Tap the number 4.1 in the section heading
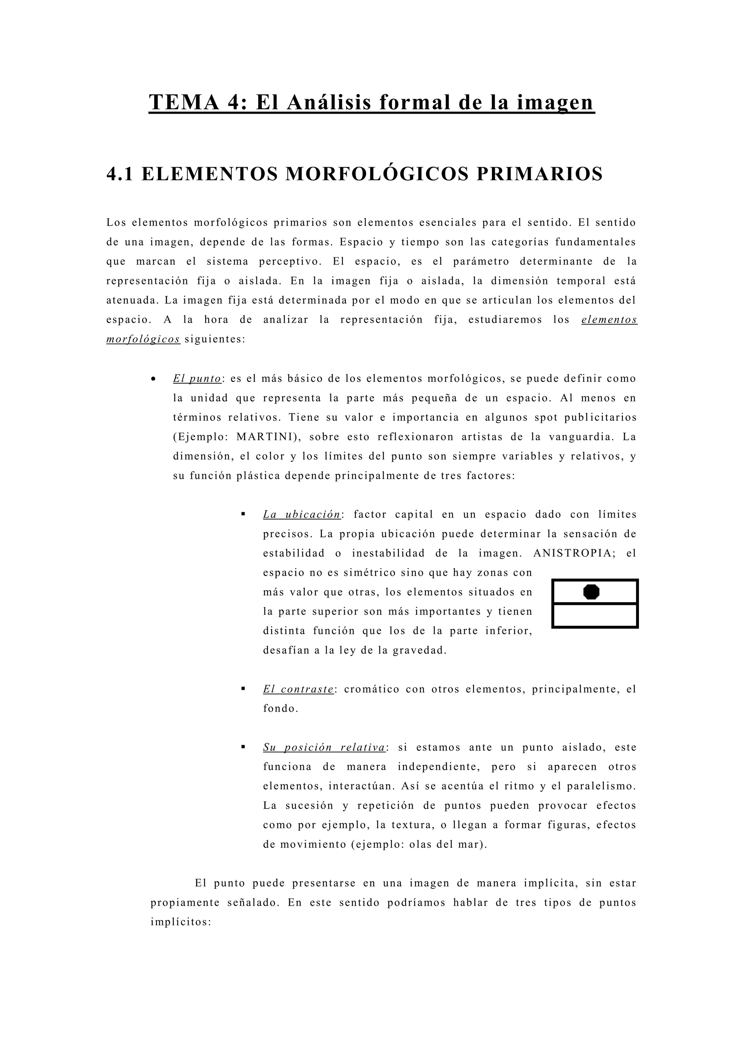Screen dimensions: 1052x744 click(x=120, y=174)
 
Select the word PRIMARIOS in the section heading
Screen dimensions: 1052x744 click(x=540, y=174)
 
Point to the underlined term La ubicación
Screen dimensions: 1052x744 click(x=302, y=514)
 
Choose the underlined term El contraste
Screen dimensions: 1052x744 click(x=298, y=689)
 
